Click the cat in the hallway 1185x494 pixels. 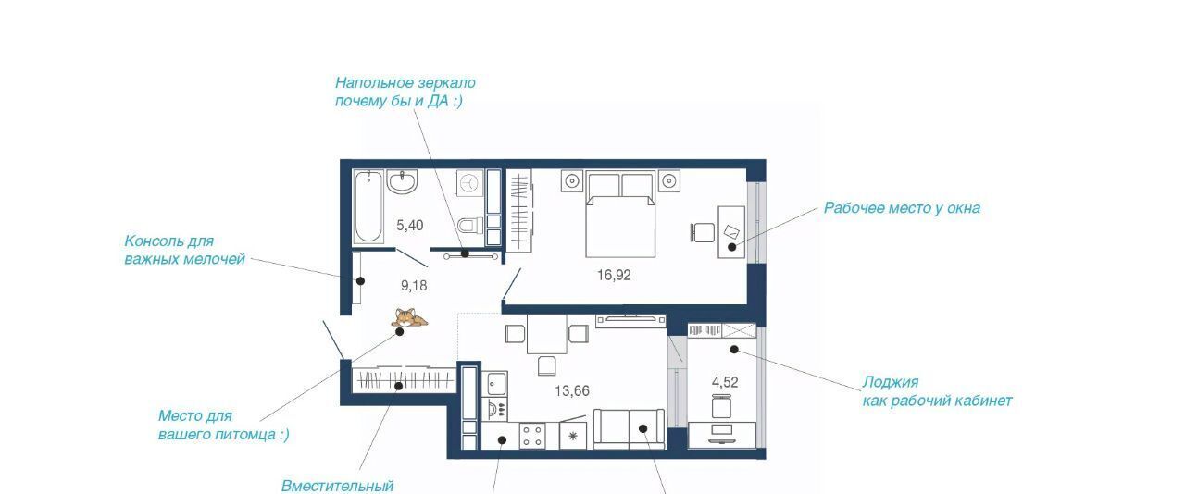pos(409,317)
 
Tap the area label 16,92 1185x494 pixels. pos(614,275)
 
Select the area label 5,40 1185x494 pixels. pos(410,226)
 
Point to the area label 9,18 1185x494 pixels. pos(414,286)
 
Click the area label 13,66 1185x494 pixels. pos(572,391)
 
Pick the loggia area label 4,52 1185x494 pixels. pos(725,382)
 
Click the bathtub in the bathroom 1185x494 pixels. pos(368,207)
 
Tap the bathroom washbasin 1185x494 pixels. pos(402,182)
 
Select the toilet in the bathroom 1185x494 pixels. pos(470,226)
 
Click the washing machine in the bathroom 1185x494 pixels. pos(469,183)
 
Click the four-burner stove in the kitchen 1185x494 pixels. pos(532,436)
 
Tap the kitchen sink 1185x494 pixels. pos(494,384)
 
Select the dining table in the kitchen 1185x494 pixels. pos(546,334)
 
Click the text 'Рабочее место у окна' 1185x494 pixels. pos(902,208)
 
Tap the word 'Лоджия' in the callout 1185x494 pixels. pos(891,382)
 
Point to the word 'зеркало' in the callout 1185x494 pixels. pos(446,83)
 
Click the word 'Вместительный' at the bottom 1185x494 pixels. pos(338,486)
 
